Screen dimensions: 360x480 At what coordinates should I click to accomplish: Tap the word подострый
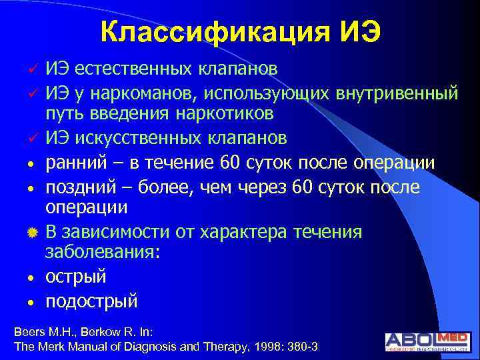pos(91,301)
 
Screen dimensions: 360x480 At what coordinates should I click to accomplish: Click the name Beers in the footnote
pos(29,331)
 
